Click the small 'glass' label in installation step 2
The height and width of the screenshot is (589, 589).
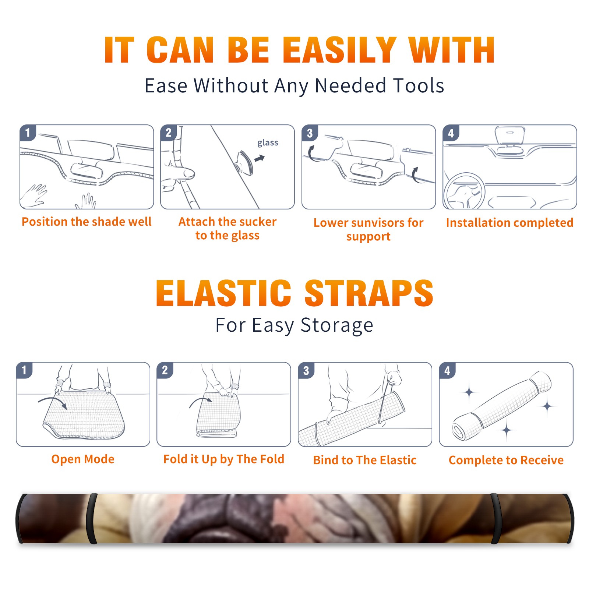268,143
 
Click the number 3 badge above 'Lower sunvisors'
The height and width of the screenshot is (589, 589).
310,133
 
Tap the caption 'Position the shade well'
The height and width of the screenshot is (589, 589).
87,222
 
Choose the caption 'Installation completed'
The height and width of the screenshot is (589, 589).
509,222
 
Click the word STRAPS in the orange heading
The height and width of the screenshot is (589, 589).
369,293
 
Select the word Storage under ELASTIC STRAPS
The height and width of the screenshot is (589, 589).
337,325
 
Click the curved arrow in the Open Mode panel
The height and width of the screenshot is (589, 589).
53,402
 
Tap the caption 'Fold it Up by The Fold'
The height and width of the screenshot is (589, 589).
224,459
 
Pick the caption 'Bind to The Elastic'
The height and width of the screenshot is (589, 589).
365,460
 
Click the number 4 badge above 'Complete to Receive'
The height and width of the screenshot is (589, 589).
447,370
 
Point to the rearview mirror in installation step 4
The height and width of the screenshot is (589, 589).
510,135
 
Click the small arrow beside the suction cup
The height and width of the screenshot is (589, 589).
260,159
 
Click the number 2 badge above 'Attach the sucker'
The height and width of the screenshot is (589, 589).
169,133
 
